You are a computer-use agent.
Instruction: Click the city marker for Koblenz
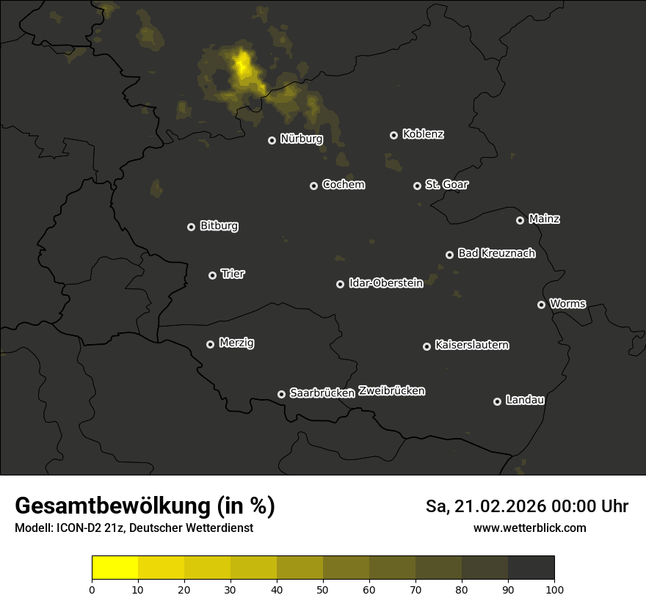(x=393, y=135)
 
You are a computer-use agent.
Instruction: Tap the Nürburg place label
(x=302, y=138)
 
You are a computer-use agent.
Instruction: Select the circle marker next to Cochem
(x=313, y=186)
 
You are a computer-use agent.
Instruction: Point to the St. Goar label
(x=446, y=184)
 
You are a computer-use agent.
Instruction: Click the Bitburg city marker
(x=191, y=227)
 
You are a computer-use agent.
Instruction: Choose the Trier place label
(x=233, y=274)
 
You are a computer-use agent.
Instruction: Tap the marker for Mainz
(x=520, y=220)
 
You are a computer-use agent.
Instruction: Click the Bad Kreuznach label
(x=496, y=253)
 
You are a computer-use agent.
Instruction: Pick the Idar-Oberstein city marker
(x=340, y=284)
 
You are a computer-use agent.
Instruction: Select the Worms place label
(x=567, y=303)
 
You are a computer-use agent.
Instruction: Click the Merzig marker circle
(x=210, y=344)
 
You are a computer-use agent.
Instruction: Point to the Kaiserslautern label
(x=471, y=345)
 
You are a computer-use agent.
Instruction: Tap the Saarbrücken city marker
(x=281, y=394)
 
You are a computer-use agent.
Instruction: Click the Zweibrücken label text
(x=391, y=391)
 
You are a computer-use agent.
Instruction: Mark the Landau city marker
(x=497, y=401)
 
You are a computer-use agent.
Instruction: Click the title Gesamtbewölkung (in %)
(x=145, y=506)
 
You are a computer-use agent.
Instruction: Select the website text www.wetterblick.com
(x=529, y=528)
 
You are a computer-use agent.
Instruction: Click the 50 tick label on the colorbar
(x=323, y=589)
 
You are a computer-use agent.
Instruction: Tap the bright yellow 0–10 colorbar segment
(x=115, y=568)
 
